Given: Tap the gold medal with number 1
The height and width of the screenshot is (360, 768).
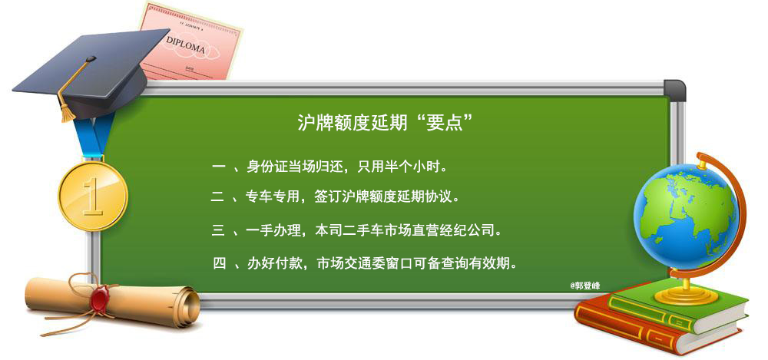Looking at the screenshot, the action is point(93,196).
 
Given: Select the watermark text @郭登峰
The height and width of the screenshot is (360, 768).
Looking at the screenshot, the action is point(584,286).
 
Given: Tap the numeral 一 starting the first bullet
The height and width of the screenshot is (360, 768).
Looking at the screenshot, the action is point(218,168).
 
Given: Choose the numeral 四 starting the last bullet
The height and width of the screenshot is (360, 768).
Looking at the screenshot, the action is point(220,265).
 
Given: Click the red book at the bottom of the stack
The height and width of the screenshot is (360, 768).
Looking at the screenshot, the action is point(657,327).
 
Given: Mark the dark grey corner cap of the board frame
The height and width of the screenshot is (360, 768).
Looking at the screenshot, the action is point(675,90).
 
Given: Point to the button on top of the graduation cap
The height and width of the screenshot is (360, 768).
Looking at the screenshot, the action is point(91,59).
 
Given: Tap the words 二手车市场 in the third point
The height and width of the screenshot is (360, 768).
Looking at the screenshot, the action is point(385,231).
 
